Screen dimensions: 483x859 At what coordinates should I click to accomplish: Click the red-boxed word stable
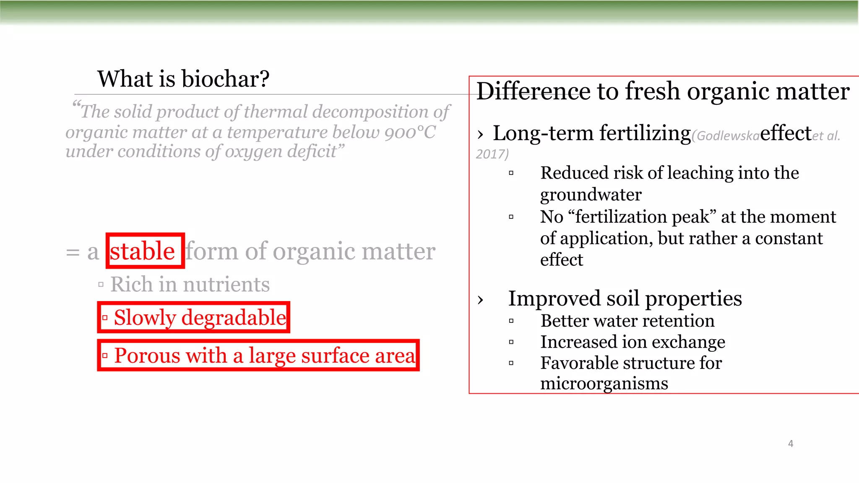coord(142,251)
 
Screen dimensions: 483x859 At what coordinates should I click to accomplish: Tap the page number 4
coord(791,444)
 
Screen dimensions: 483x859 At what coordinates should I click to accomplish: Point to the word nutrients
coord(226,284)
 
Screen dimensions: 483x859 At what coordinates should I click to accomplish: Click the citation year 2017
coord(491,154)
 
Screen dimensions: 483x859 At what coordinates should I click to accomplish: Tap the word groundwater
coord(591,195)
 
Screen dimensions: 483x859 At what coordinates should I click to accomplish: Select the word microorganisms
coord(604,384)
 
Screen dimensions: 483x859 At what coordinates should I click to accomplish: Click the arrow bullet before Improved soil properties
coord(481,300)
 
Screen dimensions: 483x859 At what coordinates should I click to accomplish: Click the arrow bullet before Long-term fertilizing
coord(481,135)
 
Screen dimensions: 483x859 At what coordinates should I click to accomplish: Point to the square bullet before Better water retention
coord(511,321)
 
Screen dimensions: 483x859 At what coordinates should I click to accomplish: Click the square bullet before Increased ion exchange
coord(511,342)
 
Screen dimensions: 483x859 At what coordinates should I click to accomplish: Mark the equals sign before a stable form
coord(73,252)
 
